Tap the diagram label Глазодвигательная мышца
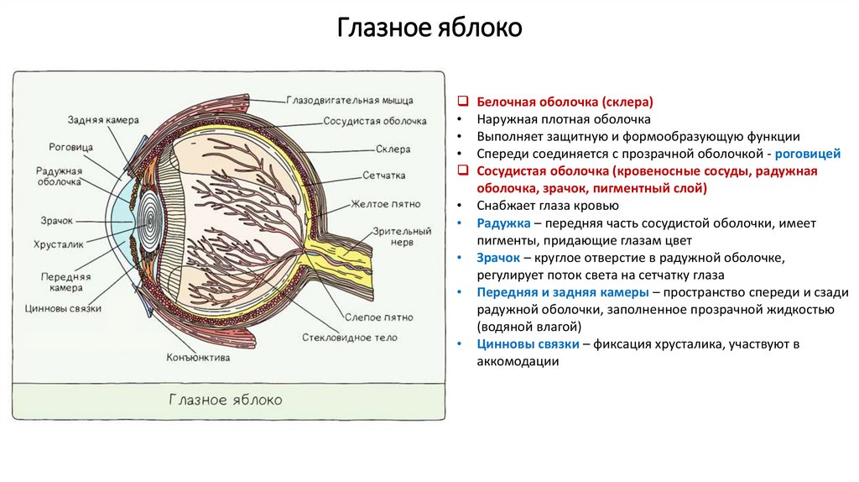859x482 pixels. click(x=345, y=100)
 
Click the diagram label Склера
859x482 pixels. click(x=393, y=149)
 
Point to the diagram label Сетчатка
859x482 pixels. click(x=384, y=176)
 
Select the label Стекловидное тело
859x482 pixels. click(x=350, y=338)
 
